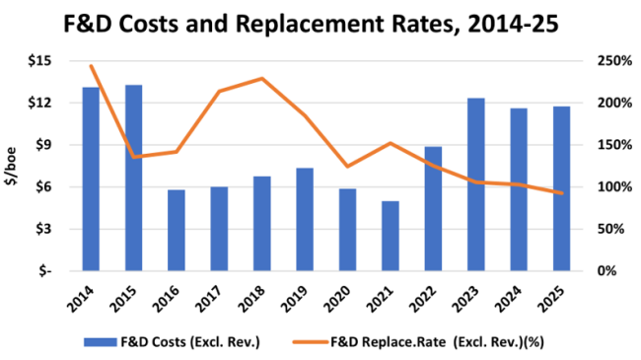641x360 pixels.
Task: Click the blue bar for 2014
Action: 91,179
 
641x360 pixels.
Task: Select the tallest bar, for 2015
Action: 133,178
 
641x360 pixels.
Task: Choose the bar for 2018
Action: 261,223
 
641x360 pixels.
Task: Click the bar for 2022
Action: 432,208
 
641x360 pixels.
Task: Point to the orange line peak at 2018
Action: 261,79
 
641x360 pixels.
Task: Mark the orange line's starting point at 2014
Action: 91,66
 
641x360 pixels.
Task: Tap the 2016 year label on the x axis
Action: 176,292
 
